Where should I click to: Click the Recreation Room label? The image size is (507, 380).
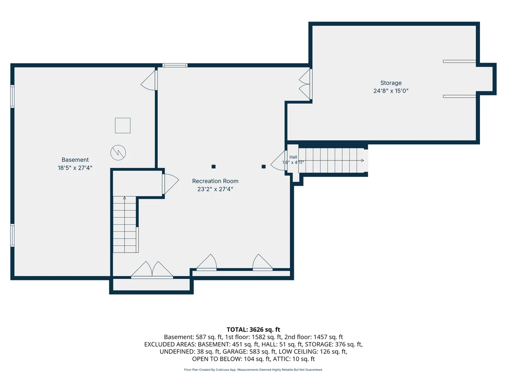[215, 181]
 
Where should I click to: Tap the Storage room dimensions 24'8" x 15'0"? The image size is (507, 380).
[391, 91]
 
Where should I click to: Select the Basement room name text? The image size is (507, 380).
[75, 160]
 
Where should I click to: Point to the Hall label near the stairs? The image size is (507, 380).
[293, 157]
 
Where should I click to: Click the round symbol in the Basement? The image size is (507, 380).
[118, 153]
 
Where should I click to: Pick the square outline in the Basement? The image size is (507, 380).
[123, 125]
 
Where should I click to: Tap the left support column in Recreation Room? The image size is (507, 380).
[213, 166]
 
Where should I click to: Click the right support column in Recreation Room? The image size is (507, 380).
[264, 166]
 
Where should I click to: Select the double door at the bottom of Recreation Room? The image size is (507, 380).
[152, 270]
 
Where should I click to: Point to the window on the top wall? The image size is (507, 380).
[175, 65]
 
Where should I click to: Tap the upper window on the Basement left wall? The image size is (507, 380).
[12, 96]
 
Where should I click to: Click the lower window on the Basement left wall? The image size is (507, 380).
[12, 235]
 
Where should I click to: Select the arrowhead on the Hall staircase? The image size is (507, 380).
[362, 160]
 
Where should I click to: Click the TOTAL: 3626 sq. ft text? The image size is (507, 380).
[253, 330]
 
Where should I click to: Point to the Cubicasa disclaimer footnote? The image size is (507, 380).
[253, 369]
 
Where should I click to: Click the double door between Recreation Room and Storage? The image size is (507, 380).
[305, 85]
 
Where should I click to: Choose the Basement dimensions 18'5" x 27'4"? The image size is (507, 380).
[75, 168]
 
